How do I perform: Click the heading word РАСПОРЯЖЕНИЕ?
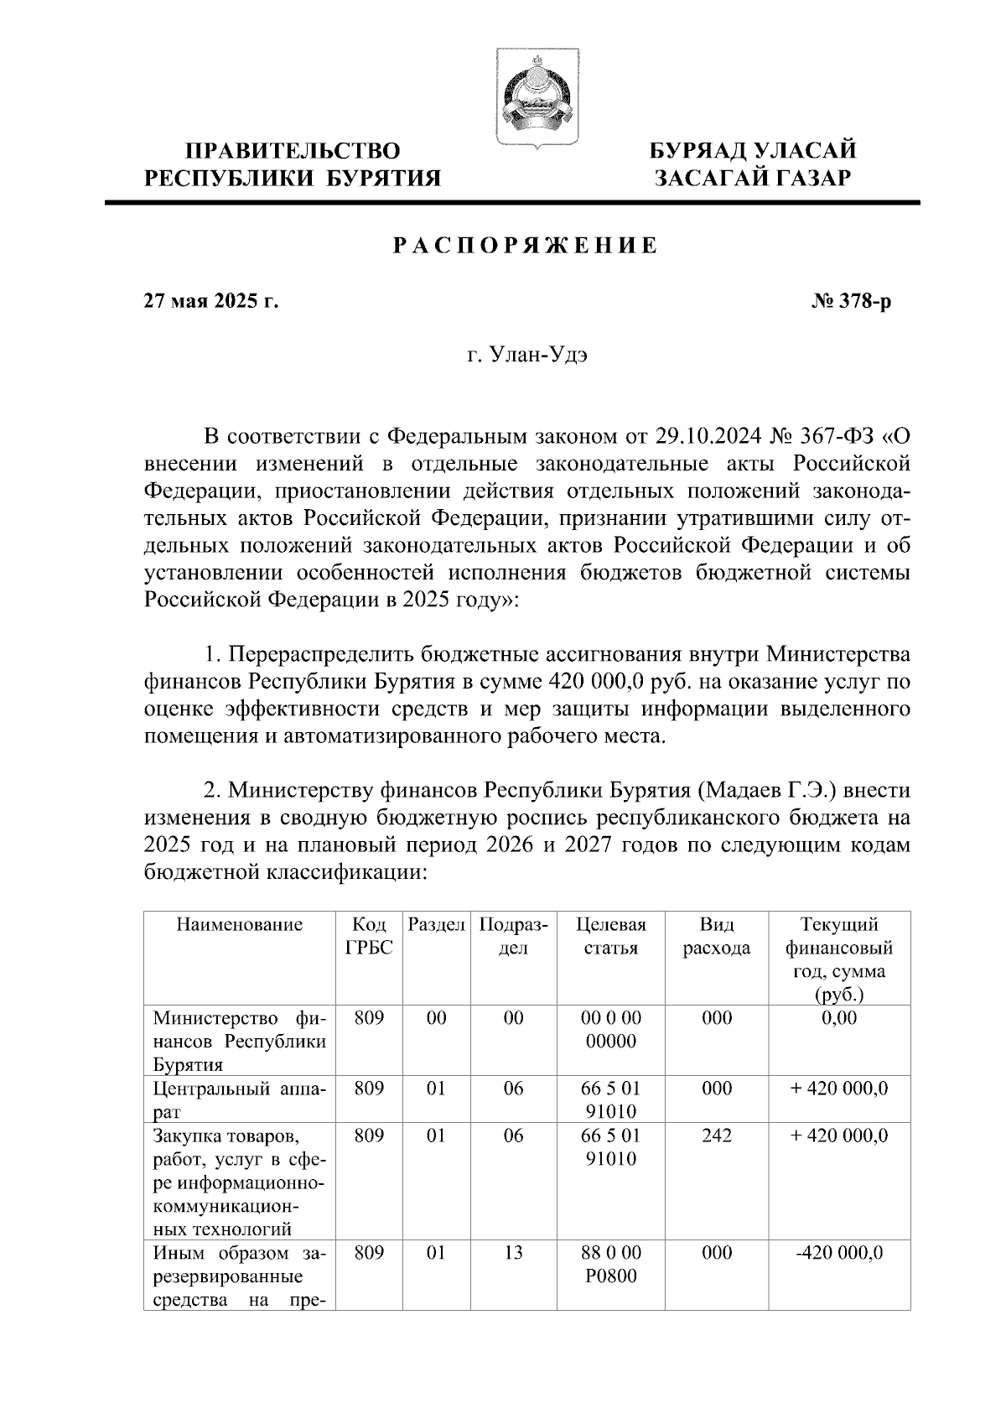pyautogui.click(x=526, y=247)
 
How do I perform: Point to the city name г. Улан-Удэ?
pyautogui.click(x=527, y=356)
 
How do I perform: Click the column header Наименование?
pyautogui.click(x=239, y=925)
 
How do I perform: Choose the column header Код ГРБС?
pyautogui.click(x=369, y=936)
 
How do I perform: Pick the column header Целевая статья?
pyautogui.click(x=611, y=936)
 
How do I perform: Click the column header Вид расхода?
pyautogui.click(x=716, y=936)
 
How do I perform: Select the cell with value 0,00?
pyautogui.click(x=839, y=1018)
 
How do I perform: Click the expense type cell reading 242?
pyautogui.click(x=716, y=1136)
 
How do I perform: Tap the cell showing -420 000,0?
pyautogui.click(x=839, y=1253)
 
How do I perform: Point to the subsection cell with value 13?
pyautogui.click(x=513, y=1253)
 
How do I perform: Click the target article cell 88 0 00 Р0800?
pyautogui.click(x=610, y=1265)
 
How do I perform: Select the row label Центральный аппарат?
pyautogui.click(x=239, y=1100)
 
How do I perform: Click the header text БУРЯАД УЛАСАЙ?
pyautogui.click(x=754, y=151)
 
